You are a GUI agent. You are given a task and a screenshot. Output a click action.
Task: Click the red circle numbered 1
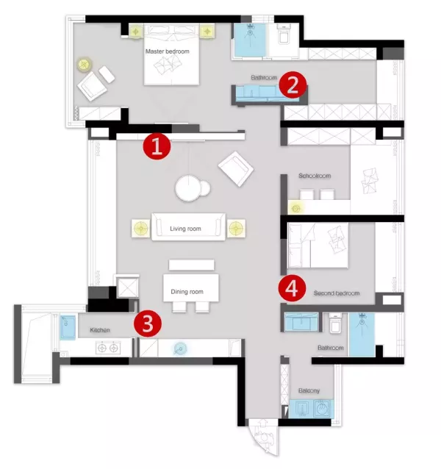coord(157,146)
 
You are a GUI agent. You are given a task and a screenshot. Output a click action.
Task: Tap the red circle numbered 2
coord(293,85)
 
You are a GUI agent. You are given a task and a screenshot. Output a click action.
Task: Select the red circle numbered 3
coord(148,324)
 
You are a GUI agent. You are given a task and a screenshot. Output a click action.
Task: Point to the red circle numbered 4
coord(292,289)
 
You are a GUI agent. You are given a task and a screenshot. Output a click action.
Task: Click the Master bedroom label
coord(168,51)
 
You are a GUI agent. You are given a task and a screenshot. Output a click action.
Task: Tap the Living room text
coord(185,229)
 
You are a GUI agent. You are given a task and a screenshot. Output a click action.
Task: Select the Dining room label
coord(187,292)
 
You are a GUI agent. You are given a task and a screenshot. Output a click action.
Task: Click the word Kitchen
coord(100,330)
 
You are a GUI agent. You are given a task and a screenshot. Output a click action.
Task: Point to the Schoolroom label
coord(315,176)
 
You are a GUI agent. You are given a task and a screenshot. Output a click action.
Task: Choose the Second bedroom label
coord(337,293)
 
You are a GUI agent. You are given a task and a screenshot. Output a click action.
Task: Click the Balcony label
coord(309,390)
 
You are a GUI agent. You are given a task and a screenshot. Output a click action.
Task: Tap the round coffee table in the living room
coord(188,188)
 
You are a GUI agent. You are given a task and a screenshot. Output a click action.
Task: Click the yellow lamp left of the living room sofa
coord(141,229)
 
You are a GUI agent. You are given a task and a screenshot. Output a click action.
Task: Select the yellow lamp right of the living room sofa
coord(236,229)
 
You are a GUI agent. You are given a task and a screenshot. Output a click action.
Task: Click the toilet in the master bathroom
coord(283,35)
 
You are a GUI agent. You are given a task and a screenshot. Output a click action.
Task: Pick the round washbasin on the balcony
coord(323,409)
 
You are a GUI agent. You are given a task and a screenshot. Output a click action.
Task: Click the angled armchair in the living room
coord(236,168)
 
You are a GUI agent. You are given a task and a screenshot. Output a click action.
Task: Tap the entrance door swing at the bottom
coord(263,437)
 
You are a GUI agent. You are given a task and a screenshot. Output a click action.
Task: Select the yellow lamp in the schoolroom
coord(296,209)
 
